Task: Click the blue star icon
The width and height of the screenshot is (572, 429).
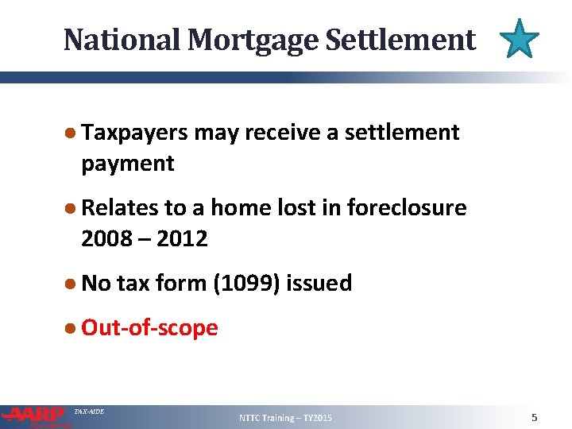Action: click(520, 39)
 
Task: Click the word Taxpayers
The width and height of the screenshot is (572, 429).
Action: click(134, 133)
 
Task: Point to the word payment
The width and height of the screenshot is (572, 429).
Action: click(127, 164)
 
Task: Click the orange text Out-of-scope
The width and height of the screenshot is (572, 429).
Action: click(149, 327)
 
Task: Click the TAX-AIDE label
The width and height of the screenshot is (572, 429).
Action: click(88, 412)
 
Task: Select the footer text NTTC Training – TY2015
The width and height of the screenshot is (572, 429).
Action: click(286, 418)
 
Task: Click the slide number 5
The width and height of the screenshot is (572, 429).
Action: click(535, 417)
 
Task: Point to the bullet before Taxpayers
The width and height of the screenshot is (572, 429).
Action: click(71, 133)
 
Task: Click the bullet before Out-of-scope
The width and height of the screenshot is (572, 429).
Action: click(71, 327)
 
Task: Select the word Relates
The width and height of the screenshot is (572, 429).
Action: click(120, 207)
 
